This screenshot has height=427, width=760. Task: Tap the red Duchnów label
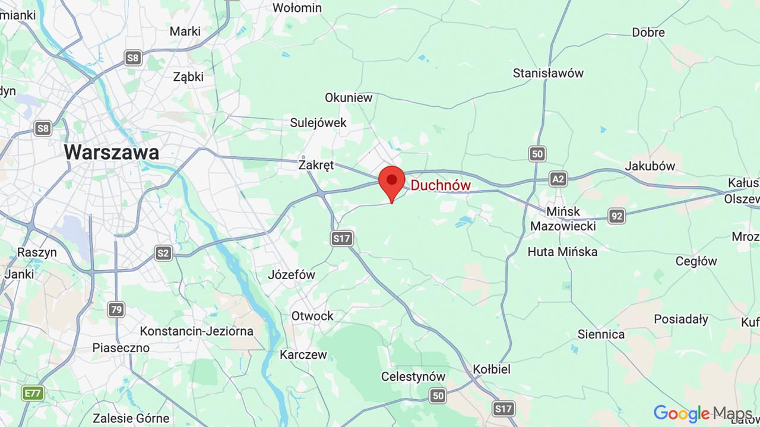click(441, 185)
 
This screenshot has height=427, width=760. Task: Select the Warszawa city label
click(111, 152)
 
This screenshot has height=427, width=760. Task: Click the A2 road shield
click(558, 179)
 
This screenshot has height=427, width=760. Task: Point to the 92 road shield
click(616, 216)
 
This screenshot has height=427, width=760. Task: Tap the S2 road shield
click(163, 254)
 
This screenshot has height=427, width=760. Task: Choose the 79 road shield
click(116, 309)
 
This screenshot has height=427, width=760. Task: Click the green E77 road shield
click(33, 393)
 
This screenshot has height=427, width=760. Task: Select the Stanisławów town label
click(548, 73)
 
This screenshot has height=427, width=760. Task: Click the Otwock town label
click(312, 316)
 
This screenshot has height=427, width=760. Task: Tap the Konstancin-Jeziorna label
click(197, 331)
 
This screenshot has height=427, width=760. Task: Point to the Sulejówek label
click(318, 123)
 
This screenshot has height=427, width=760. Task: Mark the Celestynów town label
click(413, 377)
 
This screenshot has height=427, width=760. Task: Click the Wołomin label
click(297, 8)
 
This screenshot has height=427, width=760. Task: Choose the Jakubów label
click(650, 166)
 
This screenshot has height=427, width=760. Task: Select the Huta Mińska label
click(562, 252)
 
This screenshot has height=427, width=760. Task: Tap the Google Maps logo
click(702, 413)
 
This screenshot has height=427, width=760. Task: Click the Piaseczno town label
click(121, 348)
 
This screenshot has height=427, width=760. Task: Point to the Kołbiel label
click(492, 369)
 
